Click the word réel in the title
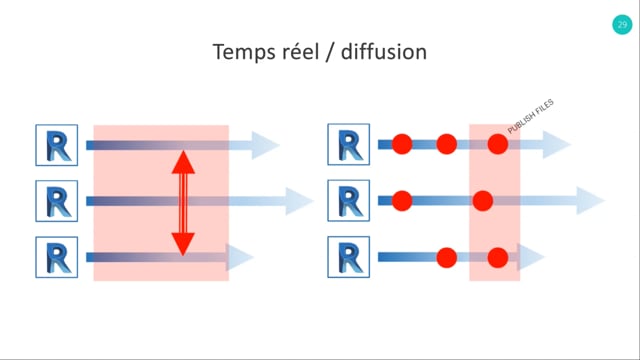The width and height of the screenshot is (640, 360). click(x=293, y=51)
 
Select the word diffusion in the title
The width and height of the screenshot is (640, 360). click(x=384, y=52)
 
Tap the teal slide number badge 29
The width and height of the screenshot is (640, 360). click(x=622, y=24)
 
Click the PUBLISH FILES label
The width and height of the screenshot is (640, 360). click(x=531, y=116)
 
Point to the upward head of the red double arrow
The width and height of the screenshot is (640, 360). click(x=183, y=162)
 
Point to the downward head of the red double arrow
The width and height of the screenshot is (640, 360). click(x=183, y=244)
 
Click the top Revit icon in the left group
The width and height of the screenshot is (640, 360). click(x=57, y=145)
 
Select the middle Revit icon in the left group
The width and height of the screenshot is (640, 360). click(x=57, y=201)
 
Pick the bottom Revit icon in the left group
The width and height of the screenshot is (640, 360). click(x=57, y=257)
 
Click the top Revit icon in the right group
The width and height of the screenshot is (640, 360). click(x=349, y=144)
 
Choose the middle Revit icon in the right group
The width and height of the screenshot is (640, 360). click(x=349, y=200)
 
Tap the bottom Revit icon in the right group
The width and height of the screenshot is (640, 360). click(x=349, y=257)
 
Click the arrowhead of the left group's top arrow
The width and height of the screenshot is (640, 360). click(x=265, y=145)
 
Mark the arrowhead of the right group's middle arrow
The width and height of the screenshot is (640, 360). click(x=590, y=200)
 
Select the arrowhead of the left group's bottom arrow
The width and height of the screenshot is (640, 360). click(x=240, y=257)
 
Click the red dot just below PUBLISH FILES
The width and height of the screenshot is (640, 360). click(x=498, y=144)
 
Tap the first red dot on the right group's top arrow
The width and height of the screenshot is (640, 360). click(x=402, y=144)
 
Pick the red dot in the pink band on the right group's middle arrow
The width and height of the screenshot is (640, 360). click(x=483, y=200)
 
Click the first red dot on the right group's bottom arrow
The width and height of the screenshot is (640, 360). click(x=447, y=258)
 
